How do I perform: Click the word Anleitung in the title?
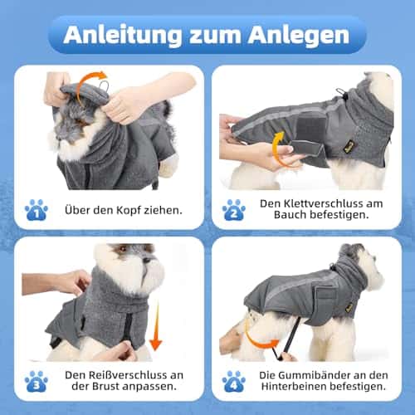(123, 35)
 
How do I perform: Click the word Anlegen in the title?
(299, 36)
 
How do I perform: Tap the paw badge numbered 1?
(37, 210)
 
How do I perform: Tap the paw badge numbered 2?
(234, 210)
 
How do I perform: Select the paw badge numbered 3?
(37, 382)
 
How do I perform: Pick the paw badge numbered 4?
(234, 382)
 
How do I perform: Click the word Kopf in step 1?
(129, 211)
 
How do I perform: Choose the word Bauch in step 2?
(290, 215)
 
